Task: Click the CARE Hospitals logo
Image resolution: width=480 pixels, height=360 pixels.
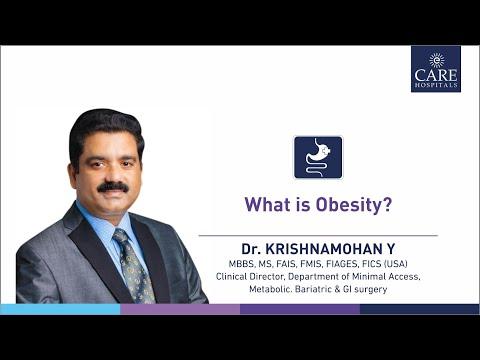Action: click(x=435, y=68)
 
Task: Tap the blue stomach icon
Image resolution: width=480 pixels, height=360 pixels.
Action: click(x=317, y=157)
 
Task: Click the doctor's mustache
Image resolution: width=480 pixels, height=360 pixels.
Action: click(x=113, y=187)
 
